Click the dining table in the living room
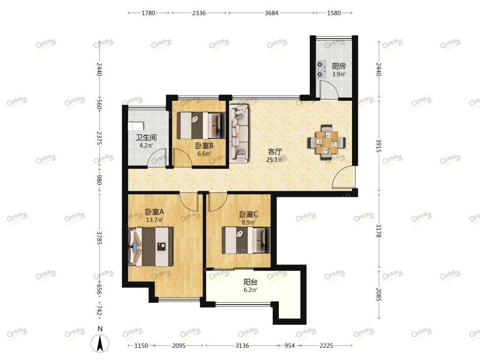(x=327, y=142)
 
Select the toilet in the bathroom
(x=136, y=126)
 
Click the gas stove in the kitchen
(x=321, y=69)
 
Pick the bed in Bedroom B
(x=199, y=125)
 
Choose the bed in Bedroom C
(x=246, y=240)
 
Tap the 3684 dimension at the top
(x=271, y=13)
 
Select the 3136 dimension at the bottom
(x=242, y=345)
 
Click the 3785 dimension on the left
(x=99, y=238)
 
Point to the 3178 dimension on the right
(x=379, y=231)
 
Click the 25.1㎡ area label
(x=274, y=159)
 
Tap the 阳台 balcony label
(x=250, y=282)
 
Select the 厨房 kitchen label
(x=339, y=66)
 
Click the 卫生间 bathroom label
(x=146, y=137)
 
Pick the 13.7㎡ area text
(x=154, y=220)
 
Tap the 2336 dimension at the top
(x=199, y=13)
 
